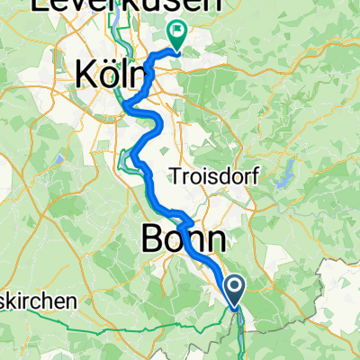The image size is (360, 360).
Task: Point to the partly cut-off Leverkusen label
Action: [125, 5]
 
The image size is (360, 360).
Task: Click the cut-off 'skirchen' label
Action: [35, 303]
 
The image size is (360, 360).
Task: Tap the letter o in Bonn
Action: [177, 239]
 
